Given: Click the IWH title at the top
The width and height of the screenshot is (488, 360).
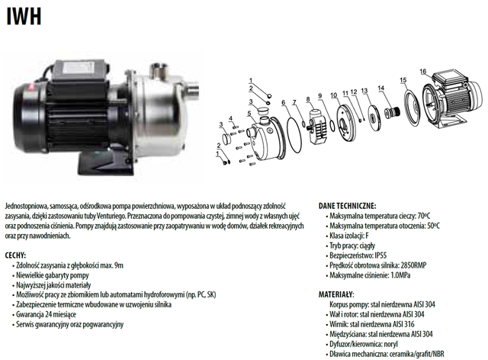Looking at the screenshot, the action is coord(24,16).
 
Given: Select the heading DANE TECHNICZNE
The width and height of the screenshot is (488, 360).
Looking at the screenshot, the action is coord(347,206).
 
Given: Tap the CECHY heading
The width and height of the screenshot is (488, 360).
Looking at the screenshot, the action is coord(15,256).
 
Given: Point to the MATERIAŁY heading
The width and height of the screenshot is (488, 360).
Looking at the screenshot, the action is coord(336,294).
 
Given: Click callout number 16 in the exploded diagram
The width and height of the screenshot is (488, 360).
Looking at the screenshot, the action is coord(422,72).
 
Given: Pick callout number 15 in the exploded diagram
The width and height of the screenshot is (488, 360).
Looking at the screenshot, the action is coord(403,80).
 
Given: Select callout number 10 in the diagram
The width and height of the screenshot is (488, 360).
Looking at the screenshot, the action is coord(334,95).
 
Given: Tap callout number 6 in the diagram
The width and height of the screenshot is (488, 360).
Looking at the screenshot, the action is coord(283,102).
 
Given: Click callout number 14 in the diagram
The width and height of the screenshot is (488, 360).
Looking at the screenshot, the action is coord(381,88).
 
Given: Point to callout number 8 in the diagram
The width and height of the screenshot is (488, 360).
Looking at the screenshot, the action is coord(308,99).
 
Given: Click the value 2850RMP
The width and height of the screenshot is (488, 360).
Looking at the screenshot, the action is coord(413,265).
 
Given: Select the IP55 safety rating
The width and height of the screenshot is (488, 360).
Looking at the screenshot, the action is coord(380,256).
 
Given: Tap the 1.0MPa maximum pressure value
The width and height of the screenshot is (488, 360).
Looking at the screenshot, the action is coord(400,275).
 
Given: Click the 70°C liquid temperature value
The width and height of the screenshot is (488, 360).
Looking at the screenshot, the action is coord(424,216).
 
